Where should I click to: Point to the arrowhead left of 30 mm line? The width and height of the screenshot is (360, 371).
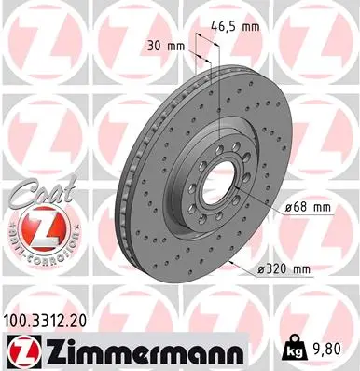coord(193,45)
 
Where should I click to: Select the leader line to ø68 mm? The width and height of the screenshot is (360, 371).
coord(261,202)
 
